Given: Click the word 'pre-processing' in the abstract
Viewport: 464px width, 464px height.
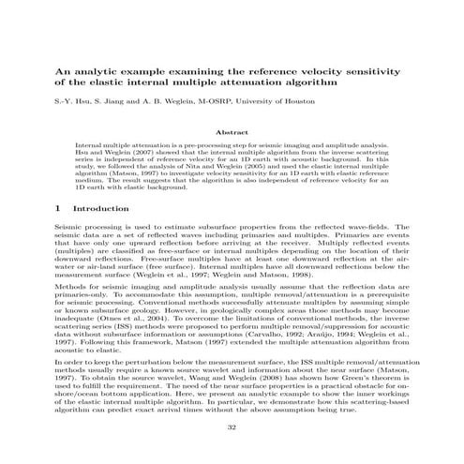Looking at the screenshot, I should click(x=207, y=147).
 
